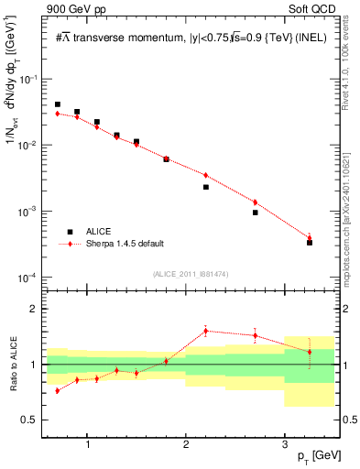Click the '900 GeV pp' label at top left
pyautogui.click(x=72, y=9)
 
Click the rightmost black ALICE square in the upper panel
pyautogui.click(x=310, y=243)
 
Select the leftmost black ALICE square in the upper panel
pyautogui.click(x=58, y=104)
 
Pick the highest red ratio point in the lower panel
pyautogui.click(x=206, y=331)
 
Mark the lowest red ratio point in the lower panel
pyautogui.click(x=58, y=390)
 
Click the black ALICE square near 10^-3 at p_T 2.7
pyautogui.click(x=256, y=213)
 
